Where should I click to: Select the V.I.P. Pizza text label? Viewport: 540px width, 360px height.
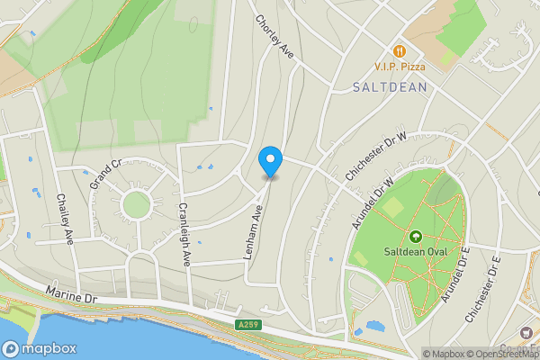[400, 67]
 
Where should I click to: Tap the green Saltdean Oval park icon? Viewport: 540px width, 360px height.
[415, 237]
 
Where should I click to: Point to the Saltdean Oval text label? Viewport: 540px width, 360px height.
[415, 251]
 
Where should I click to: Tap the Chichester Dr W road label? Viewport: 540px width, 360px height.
[375, 148]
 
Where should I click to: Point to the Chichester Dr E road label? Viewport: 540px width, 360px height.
[482, 291]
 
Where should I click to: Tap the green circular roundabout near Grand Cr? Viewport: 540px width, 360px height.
[135, 204]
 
